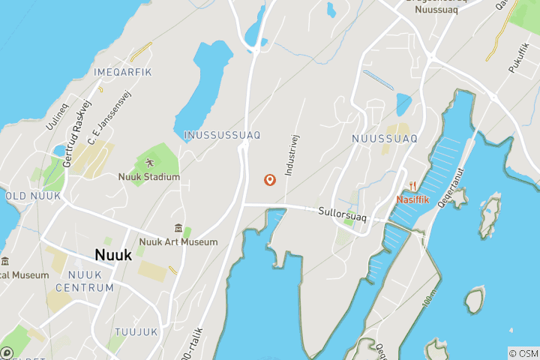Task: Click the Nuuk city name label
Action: [113, 255]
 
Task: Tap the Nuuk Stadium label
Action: [148, 177]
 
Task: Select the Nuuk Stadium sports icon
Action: [148, 162]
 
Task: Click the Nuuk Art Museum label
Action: [178, 242]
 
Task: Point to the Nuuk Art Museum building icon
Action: [178, 228]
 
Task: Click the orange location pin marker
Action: [269, 180]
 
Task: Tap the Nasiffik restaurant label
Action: [414, 200]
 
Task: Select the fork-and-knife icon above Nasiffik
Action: [413, 186]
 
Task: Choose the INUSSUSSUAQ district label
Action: [222, 135]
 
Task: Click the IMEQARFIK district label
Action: [123, 72]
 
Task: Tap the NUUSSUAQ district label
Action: [384, 139]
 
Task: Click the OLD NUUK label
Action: [32, 196]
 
